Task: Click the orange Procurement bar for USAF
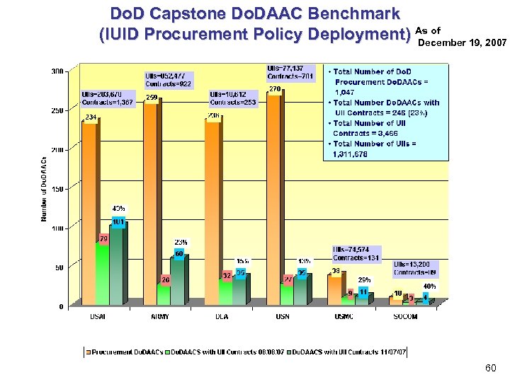click(x=89, y=212)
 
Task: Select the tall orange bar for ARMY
click(x=150, y=205)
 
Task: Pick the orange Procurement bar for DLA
click(x=212, y=212)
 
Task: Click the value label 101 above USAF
click(x=118, y=223)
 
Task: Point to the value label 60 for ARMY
click(x=179, y=253)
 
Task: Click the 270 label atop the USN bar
click(x=275, y=89)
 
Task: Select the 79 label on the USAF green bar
click(x=103, y=239)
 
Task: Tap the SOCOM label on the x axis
click(x=405, y=317)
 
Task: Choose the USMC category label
click(x=344, y=317)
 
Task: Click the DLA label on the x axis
click(x=220, y=317)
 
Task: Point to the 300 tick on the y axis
click(x=56, y=71)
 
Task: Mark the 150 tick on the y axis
click(x=56, y=189)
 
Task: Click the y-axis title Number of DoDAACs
click(x=43, y=188)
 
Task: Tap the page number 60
click(x=490, y=368)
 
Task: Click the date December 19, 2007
click(x=463, y=42)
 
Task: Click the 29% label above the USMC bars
click(x=364, y=279)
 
